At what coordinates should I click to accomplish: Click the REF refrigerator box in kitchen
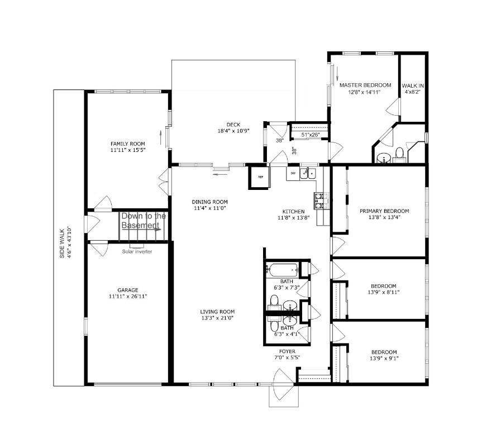point(260,177)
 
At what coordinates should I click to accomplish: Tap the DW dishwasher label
point(293,174)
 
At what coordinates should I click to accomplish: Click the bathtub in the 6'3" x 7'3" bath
point(282,270)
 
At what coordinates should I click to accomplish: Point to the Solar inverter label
point(137,251)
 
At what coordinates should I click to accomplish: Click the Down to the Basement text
point(144,221)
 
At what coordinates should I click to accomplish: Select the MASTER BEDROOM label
point(365,85)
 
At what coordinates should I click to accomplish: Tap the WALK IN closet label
point(413,86)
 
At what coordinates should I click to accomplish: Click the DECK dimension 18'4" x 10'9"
point(233,131)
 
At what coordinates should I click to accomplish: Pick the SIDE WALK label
point(62,244)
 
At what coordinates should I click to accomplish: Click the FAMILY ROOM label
point(127,144)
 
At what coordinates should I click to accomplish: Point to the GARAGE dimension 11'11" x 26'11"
point(128,297)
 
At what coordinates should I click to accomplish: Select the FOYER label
point(287,351)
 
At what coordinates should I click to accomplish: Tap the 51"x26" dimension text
point(311,135)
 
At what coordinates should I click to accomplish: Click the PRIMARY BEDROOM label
point(384,211)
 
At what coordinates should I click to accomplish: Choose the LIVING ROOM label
point(217,312)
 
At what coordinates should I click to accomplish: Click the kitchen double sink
point(308,174)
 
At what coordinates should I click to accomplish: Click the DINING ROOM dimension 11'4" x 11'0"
point(210,208)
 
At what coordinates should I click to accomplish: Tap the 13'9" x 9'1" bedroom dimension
point(384,358)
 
